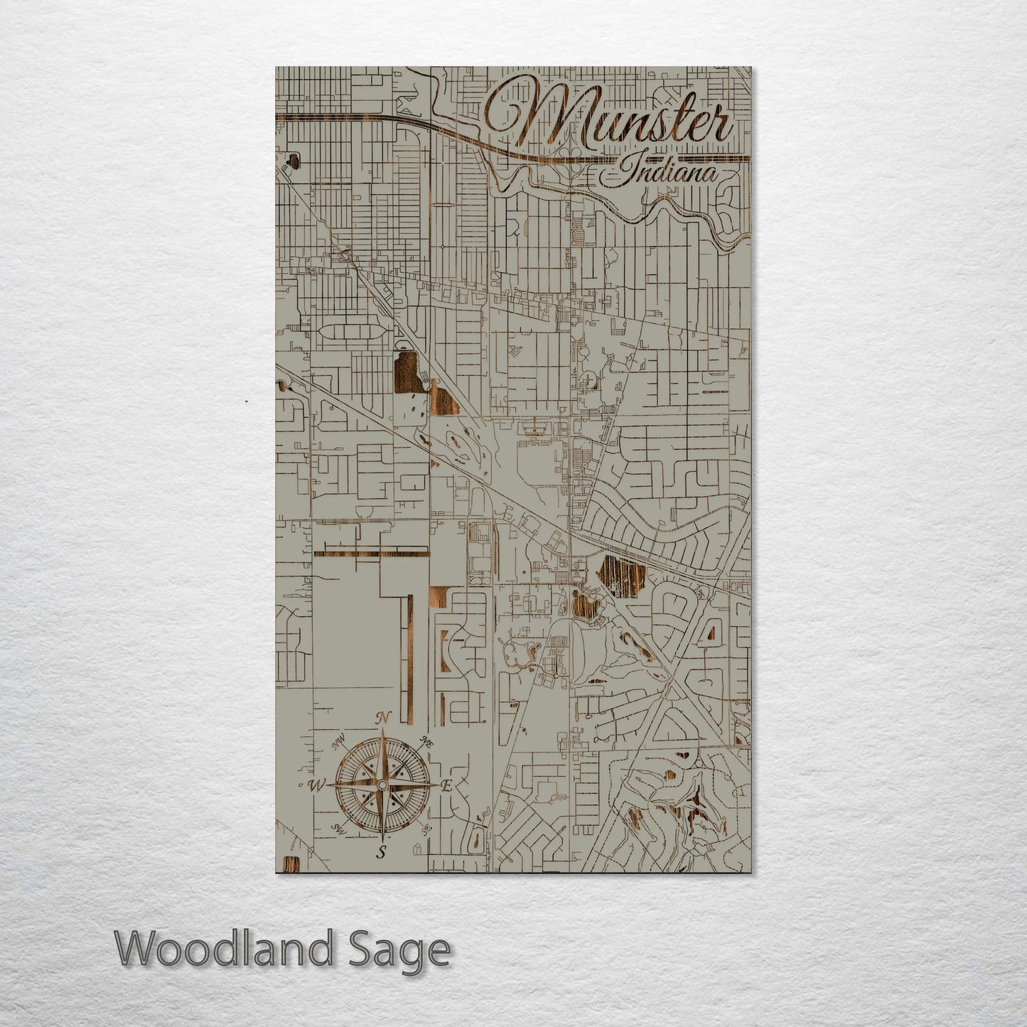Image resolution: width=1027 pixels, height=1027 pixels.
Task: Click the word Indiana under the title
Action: [x=667, y=173]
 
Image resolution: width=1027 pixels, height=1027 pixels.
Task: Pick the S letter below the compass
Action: [x=382, y=852]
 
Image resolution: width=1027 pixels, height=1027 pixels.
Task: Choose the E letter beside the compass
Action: [x=447, y=786]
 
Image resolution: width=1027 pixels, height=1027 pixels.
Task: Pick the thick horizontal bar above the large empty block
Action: [x=371, y=552]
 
